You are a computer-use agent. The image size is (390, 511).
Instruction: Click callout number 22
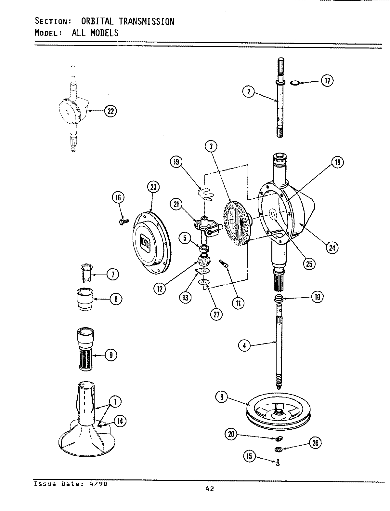(110, 111)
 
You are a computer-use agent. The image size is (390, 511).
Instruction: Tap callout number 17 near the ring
(327, 81)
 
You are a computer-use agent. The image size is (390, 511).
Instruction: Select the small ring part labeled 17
(294, 83)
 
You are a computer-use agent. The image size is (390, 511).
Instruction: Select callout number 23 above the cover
(153, 187)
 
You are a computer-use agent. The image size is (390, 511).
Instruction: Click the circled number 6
(116, 299)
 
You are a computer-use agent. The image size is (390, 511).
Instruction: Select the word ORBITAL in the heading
(97, 21)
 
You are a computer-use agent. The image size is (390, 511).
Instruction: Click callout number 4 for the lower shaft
(244, 345)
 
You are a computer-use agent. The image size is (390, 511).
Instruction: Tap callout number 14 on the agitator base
(120, 421)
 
